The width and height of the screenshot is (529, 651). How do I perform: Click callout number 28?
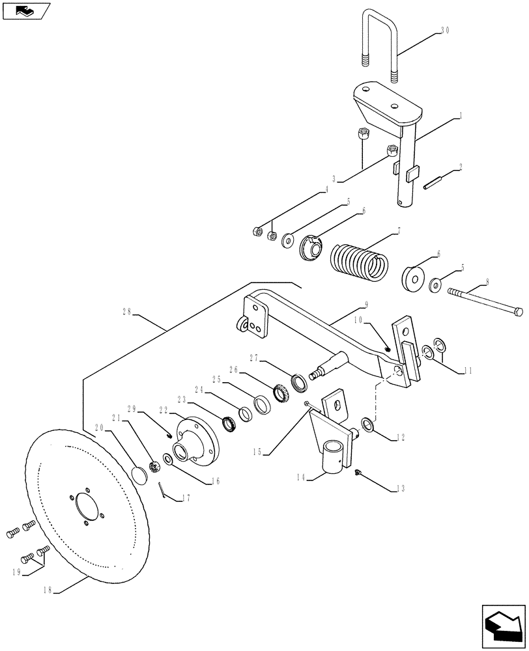point(128,312)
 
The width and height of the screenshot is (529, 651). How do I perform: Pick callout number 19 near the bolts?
point(16,572)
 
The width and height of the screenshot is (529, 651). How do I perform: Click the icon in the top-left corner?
point(25,11)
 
